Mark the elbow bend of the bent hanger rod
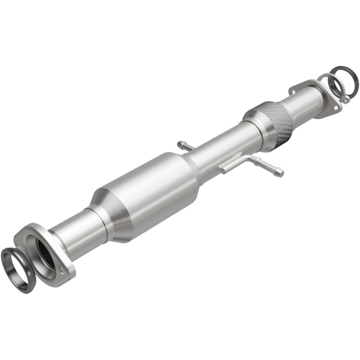(250, 158)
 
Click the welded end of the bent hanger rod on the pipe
(225, 169)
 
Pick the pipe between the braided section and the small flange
(301, 101)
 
